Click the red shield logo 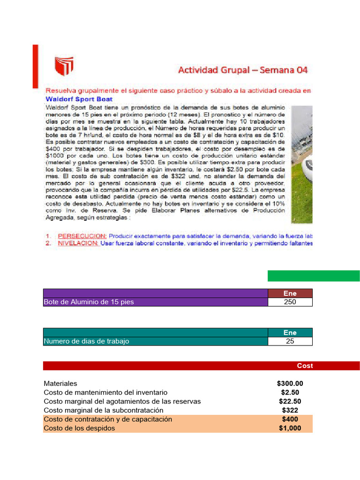pos(65,67)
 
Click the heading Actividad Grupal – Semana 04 pos(242,70)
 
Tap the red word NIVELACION pos(78,243)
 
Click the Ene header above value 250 pos(290,293)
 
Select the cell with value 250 pos(290,302)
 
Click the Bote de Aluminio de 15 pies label pos(89,302)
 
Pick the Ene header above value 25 pos(290,333)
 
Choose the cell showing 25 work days pos(290,341)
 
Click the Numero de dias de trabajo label pos(86,341)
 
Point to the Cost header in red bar pos(305,366)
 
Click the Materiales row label pos(60,383)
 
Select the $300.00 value pos(290,383)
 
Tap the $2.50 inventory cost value pos(290,392)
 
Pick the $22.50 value pos(290,401)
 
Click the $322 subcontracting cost pos(290,410)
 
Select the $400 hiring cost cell pos(290,419)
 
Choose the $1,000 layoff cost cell pos(290,428)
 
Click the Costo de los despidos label pos(79,428)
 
